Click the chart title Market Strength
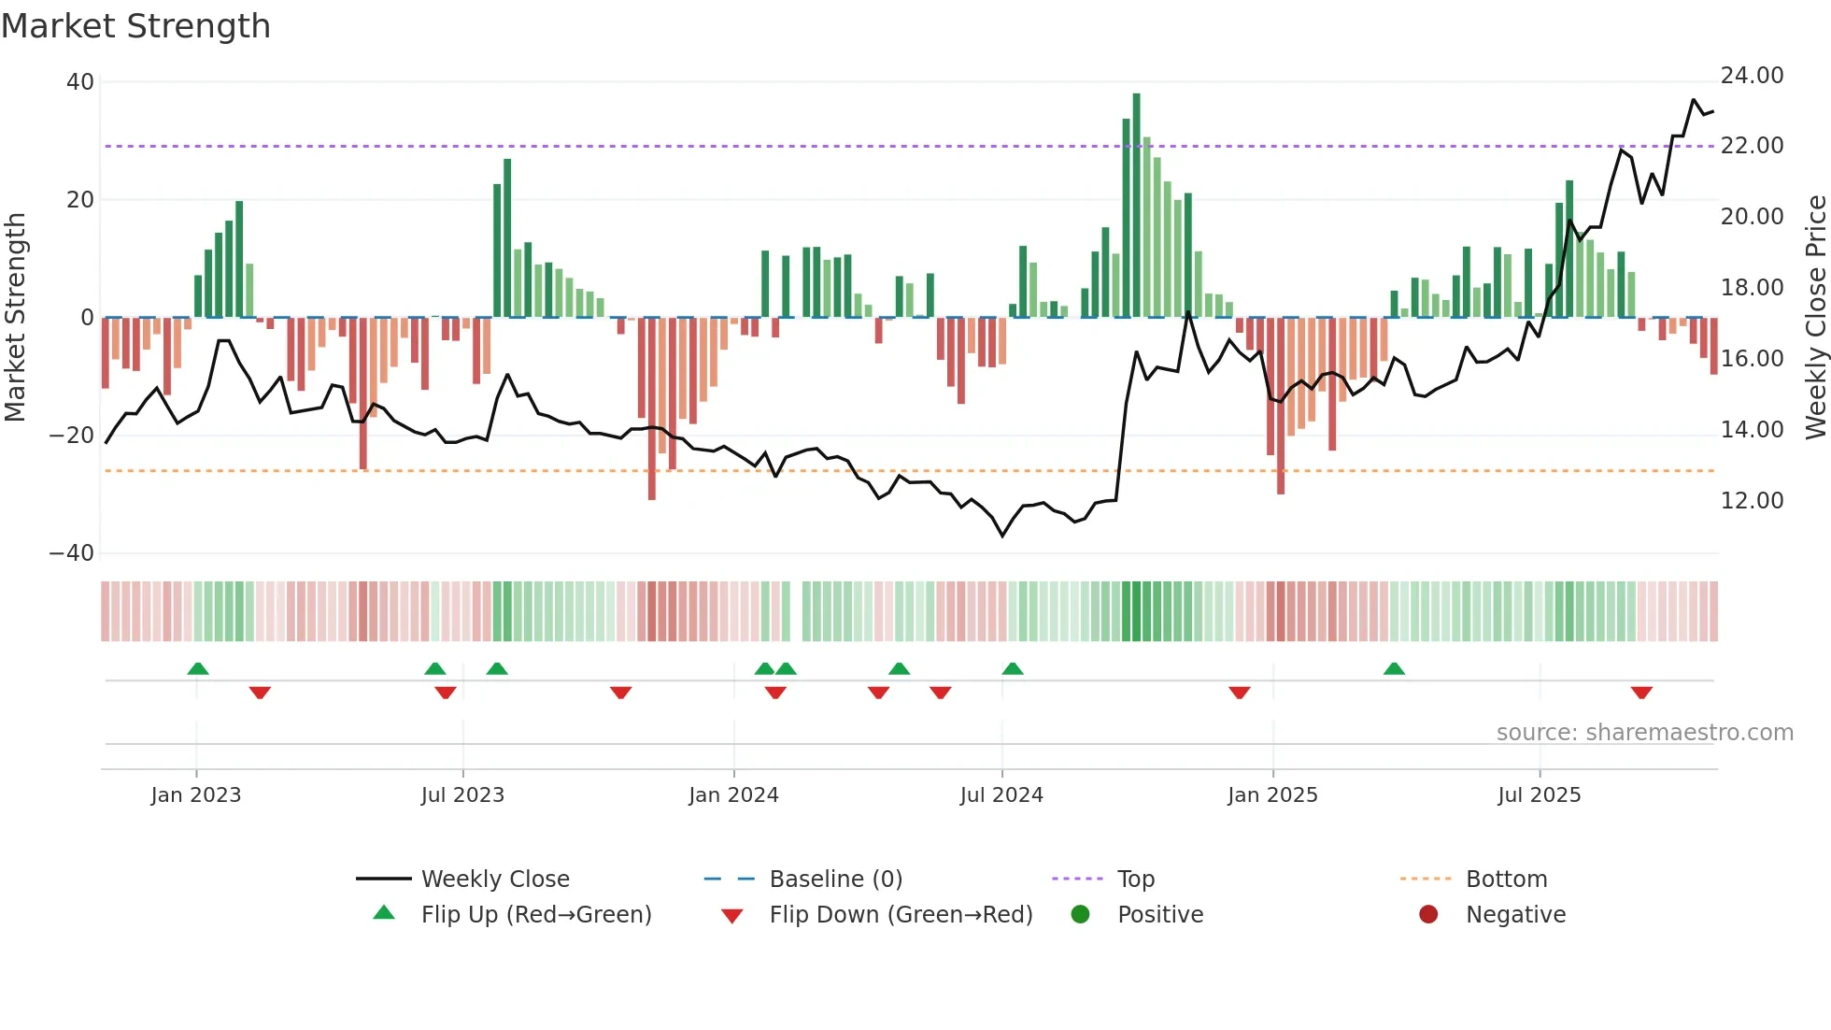(x=135, y=26)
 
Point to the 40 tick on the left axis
(x=80, y=82)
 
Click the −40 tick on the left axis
(x=72, y=553)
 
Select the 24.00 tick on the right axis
(x=1752, y=76)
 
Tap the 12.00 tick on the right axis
(x=1752, y=501)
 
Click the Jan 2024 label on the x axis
(x=733, y=795)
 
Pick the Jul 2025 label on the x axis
(x=1539, y=795)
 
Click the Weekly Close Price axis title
(x=1815, y=318)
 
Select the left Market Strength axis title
(x=16, y=318)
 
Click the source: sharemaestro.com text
(x=1644, y=733)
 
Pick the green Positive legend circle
(x=1080, y=915)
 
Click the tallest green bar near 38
(x=1136, y=206)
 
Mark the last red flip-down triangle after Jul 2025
(x=1641, y=693)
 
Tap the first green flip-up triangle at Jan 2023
(x=197, y=668)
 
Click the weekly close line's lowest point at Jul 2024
(x=1002, y=536)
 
